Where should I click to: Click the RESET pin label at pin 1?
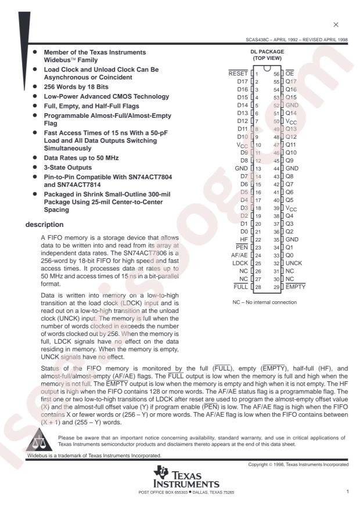click(x=238, y=74)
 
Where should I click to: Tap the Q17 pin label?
click(x=291, y=82)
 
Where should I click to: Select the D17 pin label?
click(x=242, y=82)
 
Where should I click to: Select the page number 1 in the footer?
click(x=347, y=492)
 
